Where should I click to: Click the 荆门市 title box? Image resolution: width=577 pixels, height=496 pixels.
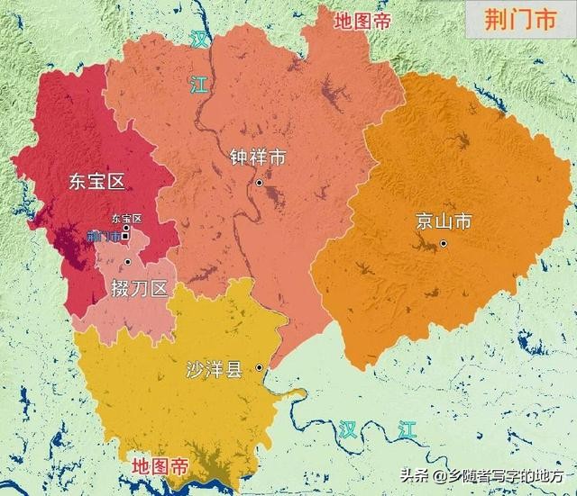tap(520, 20)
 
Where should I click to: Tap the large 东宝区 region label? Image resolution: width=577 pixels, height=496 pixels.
tap(96, 182)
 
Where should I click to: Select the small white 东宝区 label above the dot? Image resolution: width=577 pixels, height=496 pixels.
tap(126, 218)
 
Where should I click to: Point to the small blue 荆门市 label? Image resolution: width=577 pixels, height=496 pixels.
tap(104, 237)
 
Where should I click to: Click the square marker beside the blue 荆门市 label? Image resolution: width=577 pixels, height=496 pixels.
tap(125, 229)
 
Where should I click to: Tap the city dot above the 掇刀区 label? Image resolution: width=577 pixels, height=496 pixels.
tap(129, 262)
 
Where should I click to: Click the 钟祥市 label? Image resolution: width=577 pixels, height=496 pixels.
tap(258, 158)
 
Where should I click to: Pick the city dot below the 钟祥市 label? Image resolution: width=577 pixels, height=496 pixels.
tap(259, 183)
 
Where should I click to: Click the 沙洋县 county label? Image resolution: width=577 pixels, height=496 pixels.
tap(214, 369)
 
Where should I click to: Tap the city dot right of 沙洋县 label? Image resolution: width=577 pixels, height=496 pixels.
tap(259, 367)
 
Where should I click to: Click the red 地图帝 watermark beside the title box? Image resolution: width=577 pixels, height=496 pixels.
tap(362, 21)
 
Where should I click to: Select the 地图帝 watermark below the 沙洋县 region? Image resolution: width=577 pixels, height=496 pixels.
tap(160, 466)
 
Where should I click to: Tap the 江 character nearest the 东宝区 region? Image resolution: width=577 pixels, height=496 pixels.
tap(197, 86)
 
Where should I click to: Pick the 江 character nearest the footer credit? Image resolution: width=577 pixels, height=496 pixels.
tap(408, 429)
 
